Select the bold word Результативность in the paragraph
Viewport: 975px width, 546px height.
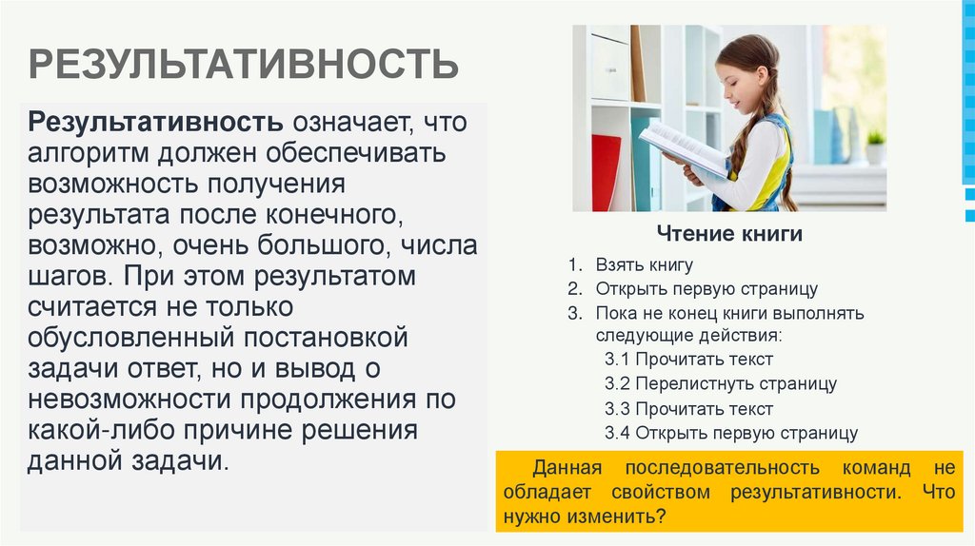[x=155, y=123]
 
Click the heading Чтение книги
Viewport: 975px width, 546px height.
[x=729, y=234]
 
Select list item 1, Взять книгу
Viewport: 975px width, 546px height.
[x=644, y=265]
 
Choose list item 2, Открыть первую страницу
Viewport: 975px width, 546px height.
[x=706, y=288]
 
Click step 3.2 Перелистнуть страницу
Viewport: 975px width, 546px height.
[x=721, y=383]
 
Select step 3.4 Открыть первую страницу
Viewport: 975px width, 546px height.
[x=731, y=434]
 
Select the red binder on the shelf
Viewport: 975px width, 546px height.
[x=606, y=171]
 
